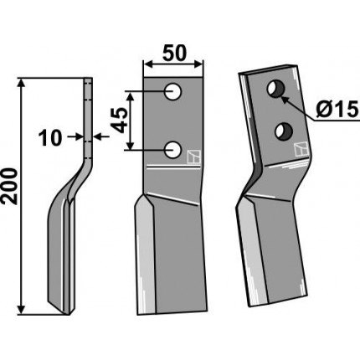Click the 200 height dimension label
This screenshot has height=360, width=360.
click(x=10, y=186)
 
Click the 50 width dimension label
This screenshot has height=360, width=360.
click(x=173, y=53)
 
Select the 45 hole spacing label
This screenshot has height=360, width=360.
click(x=121, y=121)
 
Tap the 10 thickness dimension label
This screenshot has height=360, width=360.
click(x=50, y=138)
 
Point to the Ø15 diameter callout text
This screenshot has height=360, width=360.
click(x=337, y=110)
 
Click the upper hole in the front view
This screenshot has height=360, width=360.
click(x=173, y=91)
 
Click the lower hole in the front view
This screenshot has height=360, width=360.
click(x=173, y=150)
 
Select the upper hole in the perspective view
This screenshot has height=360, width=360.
click(x=275, y=90)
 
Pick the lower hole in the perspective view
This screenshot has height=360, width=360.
click(x=284, y=131)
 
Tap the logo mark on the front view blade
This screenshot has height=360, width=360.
click(x=194, y=157)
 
